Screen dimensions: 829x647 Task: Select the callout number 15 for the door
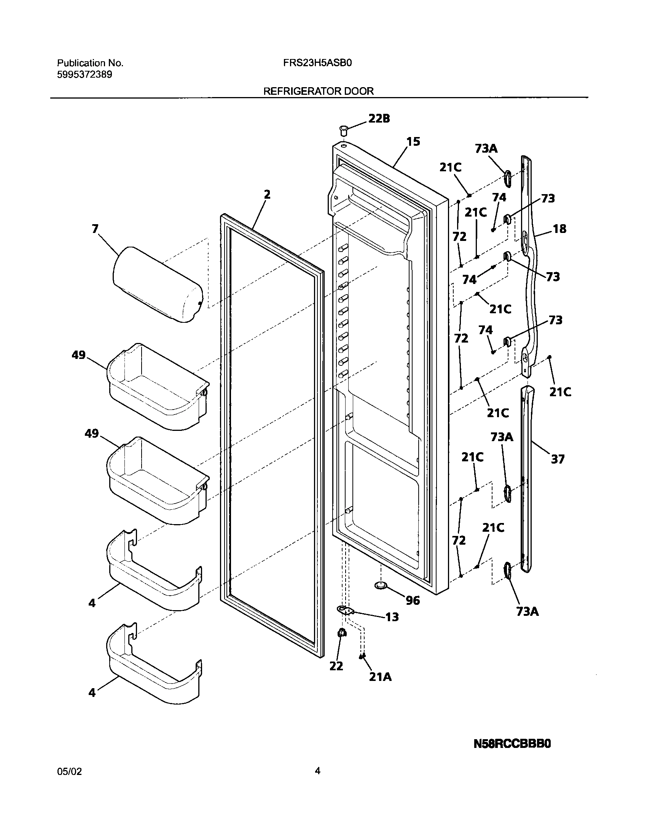click(413, 142)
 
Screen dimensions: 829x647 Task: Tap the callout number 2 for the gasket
click(267, 194)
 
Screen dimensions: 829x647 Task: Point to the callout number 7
click(95, 229)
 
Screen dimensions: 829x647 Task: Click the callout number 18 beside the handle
click(559, 229)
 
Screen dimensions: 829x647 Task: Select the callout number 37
click(558, 459)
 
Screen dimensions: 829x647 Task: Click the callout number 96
click(413, 600)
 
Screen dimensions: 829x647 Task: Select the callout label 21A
click(380, 677)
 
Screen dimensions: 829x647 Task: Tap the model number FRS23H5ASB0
click(317, 63)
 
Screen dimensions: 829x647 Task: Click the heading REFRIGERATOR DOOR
click(318, 91)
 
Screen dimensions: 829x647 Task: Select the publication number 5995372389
click(84, 75)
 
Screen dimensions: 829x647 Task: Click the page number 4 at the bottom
click(317, 771)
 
